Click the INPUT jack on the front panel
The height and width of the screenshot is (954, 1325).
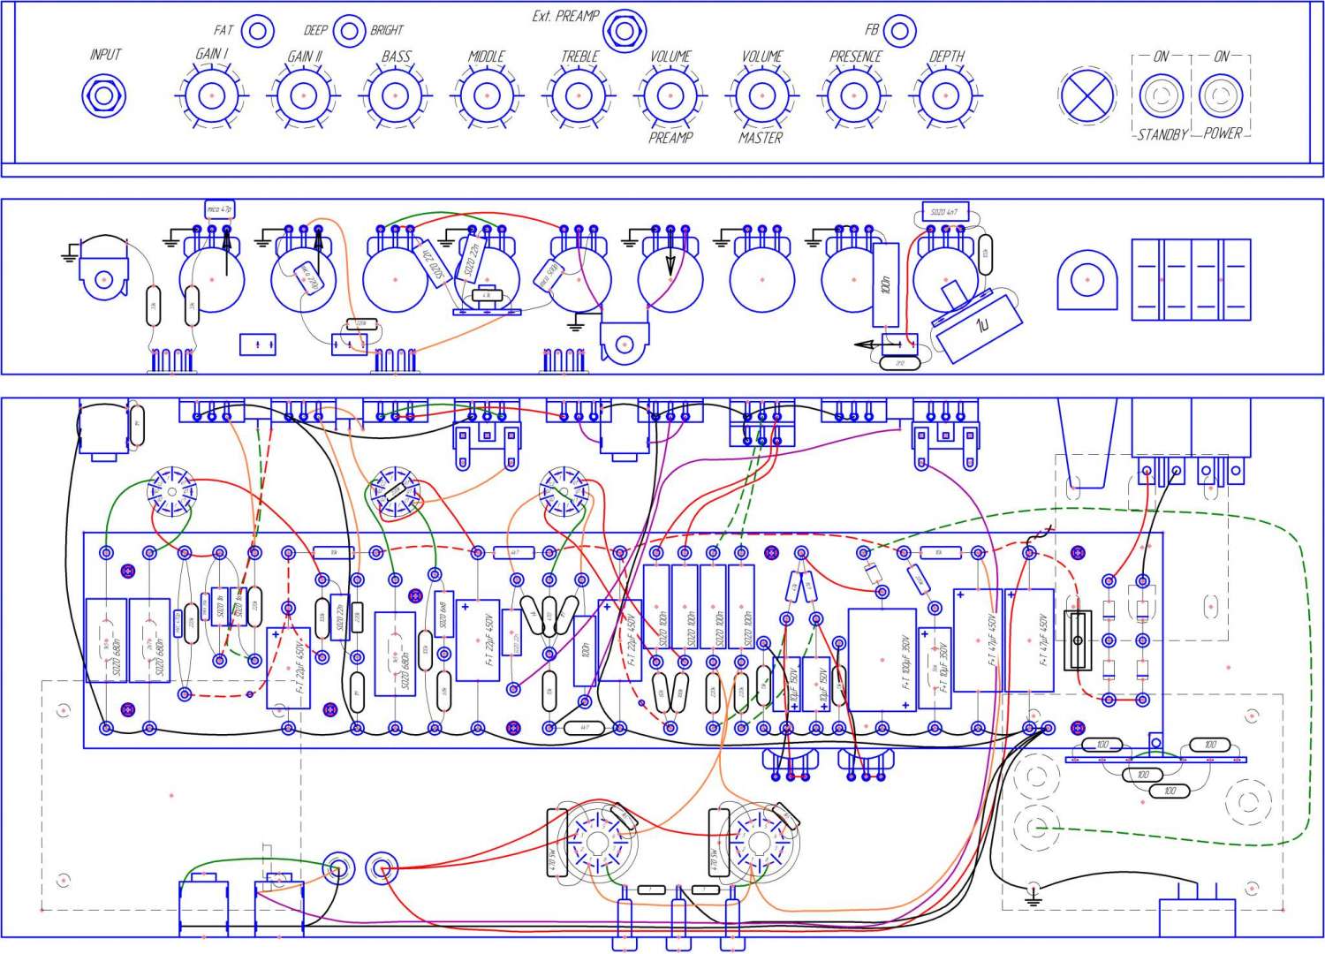[104, 95]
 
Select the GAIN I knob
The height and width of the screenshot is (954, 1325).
[212, 95]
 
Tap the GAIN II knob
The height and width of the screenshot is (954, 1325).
[304, 95]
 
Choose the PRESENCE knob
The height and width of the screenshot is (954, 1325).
[854, 95]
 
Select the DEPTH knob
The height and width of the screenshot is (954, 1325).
[946, 95]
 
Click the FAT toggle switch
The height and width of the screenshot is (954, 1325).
[257, 31]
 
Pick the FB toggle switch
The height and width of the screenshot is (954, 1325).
[899, 31]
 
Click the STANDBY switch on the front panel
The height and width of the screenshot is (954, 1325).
[1161, 95]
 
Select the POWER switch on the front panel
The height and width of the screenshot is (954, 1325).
[1222, 95]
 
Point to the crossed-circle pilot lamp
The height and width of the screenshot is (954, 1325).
[1087, 95]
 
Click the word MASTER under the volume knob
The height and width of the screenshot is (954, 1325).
[761, 138]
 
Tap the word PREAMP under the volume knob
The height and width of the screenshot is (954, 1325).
[670, 138]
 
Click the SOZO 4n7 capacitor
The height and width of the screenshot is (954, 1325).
[945, 212]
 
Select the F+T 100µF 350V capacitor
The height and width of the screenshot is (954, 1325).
[882, 658]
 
